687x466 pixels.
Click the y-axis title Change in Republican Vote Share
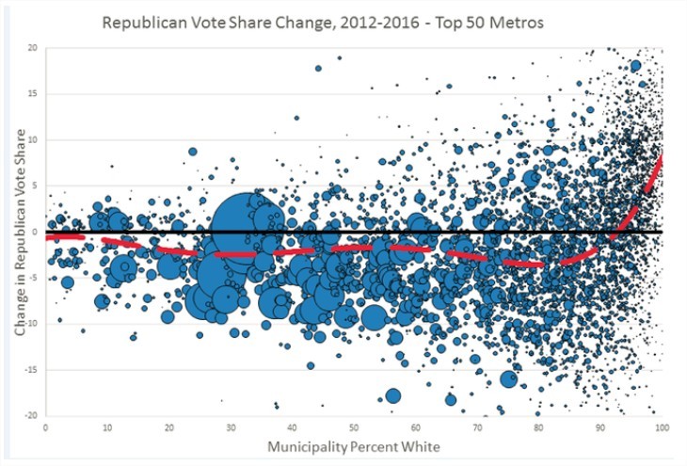(20, 233)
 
